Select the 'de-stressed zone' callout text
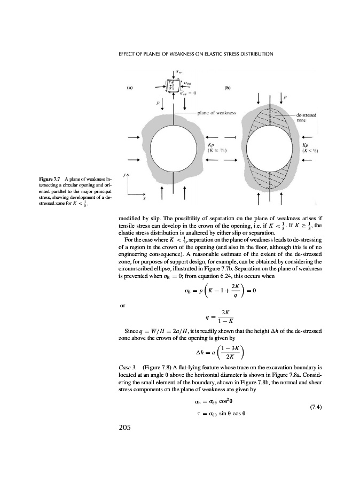(308, 118)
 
